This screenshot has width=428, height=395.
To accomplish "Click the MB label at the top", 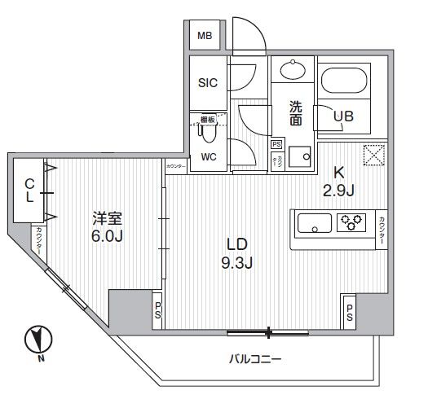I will (x=205, y=36).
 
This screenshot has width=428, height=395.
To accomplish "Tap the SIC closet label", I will (x=206, y=82).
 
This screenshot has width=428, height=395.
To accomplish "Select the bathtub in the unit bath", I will (x=346, y=81).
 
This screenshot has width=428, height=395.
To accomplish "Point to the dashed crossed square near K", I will (x=373, y=154).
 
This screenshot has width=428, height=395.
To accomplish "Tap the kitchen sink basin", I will (x=315, y=222).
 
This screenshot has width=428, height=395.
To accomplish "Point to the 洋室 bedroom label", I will (x=107, y=218).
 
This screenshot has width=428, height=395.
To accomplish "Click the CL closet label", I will (x=28, y=191).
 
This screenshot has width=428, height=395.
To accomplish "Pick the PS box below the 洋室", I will (x=157, y=310).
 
